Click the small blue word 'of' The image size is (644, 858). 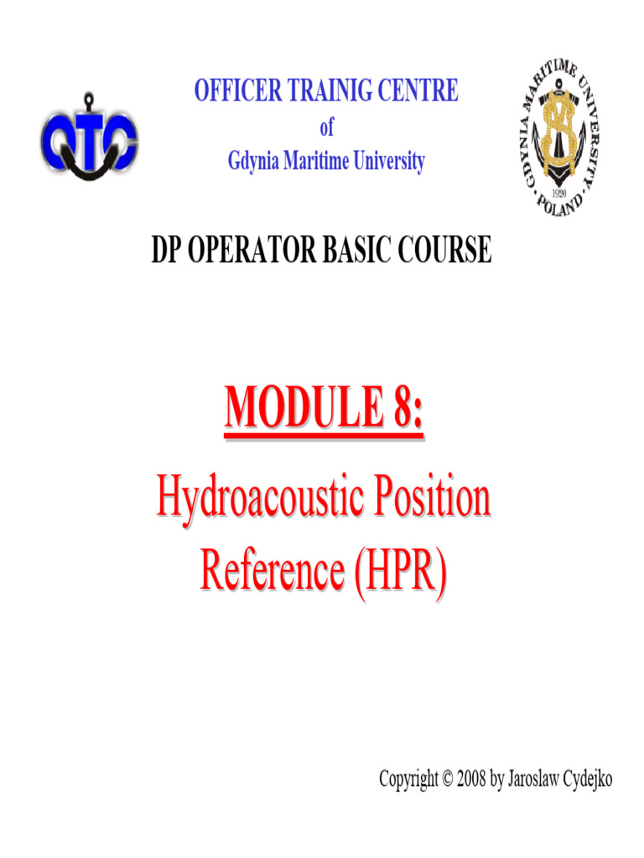326,127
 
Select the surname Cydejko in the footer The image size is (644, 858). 584,780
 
